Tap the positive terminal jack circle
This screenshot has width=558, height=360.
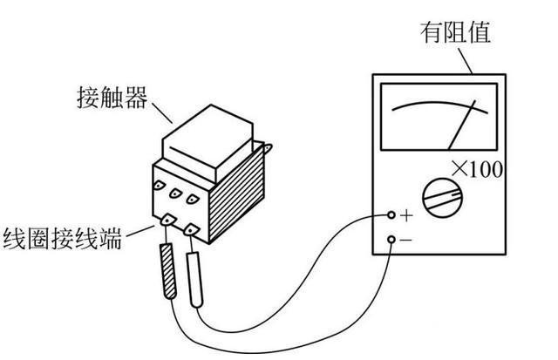[391, 214]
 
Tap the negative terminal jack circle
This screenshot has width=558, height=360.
[391, 238]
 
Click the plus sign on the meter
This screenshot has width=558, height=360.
[406, 214]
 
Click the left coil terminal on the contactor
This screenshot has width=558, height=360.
[166, 221]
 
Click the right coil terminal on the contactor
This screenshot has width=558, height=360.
[190, 228]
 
